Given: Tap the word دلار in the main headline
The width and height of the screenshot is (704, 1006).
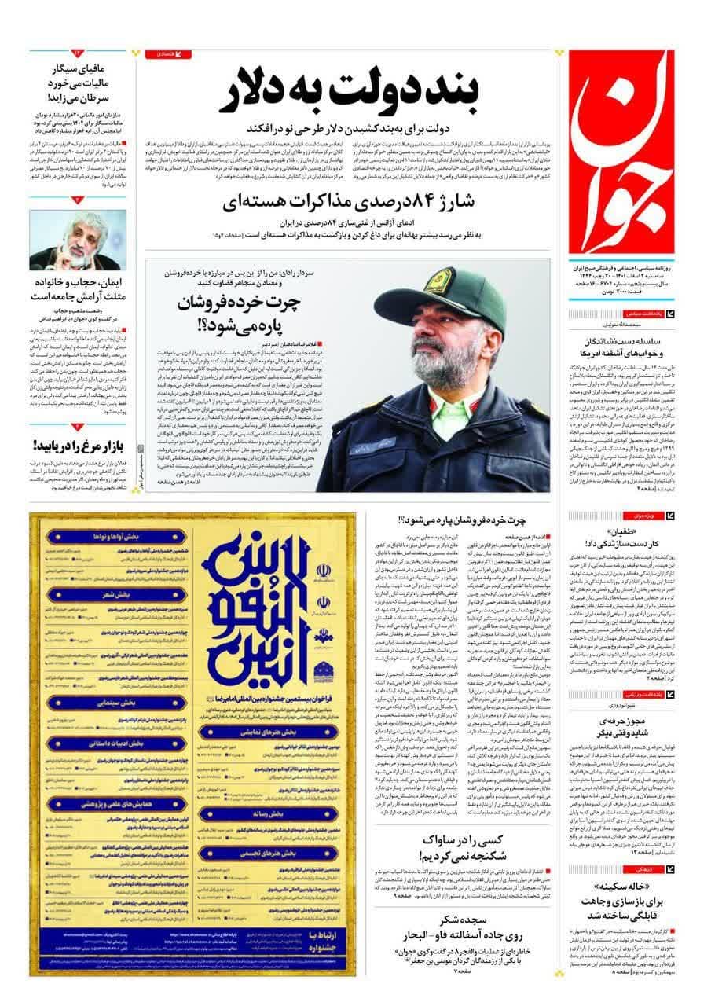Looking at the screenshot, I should tap(266, 92).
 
